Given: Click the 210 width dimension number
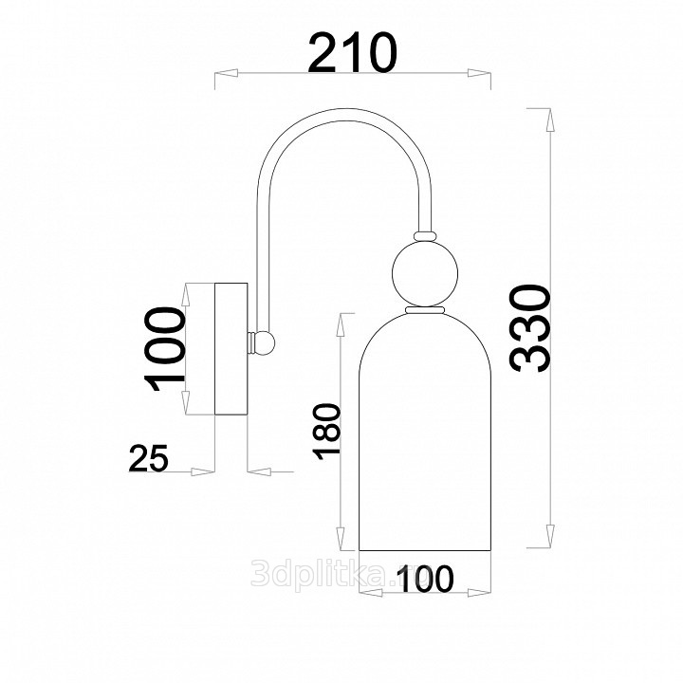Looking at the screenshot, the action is [x=352, y=52].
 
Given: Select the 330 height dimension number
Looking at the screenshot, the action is [x=530, y=328].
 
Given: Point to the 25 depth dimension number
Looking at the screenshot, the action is [x=148, y=458].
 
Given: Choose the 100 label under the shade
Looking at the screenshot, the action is [x=425, y=579].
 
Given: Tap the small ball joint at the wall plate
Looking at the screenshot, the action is [x=265, y=343].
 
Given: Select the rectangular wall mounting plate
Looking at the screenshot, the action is [x=231, y=349].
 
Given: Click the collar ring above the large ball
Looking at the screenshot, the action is [x=425, y=235].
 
